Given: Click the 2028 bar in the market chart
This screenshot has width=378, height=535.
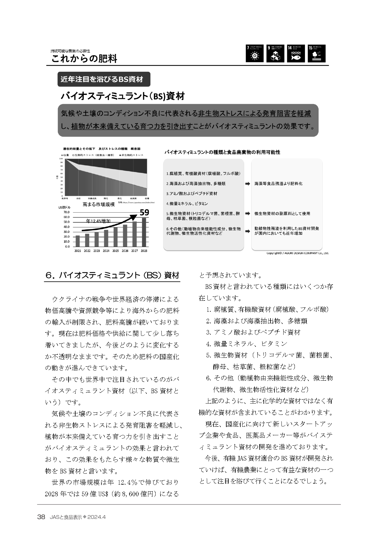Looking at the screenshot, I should pyautogui.click(x=144, y=232).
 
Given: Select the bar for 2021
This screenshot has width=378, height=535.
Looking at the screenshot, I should pyautogui.click(x=78, y=241).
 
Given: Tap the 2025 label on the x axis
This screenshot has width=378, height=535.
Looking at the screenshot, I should pyautogui.click(x=115, y=251).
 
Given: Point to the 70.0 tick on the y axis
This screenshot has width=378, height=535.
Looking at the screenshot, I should pyautogui.click(x=66, y=212).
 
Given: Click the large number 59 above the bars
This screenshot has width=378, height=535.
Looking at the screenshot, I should pyautogui.click(x=144, y=213).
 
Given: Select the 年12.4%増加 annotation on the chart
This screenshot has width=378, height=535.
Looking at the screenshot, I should pyautogui.click(x=98, y=221).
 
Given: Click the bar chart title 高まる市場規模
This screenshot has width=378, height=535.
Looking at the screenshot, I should pyautogui.click(x=99, y=205).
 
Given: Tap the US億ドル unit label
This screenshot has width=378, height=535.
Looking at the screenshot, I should pyautogui.click(x=64, y=207).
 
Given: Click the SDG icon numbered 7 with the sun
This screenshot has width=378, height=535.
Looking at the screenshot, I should pyautogui.click(x=255, y=54).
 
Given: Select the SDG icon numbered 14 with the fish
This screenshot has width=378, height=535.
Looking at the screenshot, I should pyautogui.click(x=296, y=54).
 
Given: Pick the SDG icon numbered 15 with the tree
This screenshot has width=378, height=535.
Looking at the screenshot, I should pyautogui.click(x=316, y=54).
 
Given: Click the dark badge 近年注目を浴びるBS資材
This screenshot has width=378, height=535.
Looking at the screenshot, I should pyautogui.click(x=104, y=79).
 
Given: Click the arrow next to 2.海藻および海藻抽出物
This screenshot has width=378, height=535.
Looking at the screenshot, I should pyautogui.click(x=248, y=184).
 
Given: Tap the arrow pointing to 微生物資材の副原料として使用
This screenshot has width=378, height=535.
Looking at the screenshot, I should pyautogui.click(x=248, y=214).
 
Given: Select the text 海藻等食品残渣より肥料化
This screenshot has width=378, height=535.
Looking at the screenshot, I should pyautogui.click(x=278, y=184).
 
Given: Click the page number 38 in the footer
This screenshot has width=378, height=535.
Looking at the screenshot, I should pyautogui.click(x=41, y=517).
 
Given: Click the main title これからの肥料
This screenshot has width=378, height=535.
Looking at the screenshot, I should pyautogui.click(x=84, y=59).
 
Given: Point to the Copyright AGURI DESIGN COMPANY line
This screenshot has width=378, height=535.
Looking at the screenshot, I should pyautogui.click(x=297, y=253).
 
